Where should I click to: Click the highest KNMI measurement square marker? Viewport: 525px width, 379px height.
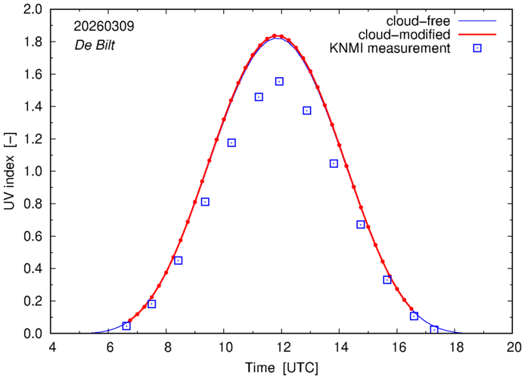pos(279,81)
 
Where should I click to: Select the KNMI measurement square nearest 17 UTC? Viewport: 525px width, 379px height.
pos(433,330)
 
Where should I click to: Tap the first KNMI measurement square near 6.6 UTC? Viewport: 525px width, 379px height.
pos(126,326)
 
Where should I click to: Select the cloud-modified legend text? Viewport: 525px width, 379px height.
pos(409,35)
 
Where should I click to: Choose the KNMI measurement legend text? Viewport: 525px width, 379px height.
pos(392,48)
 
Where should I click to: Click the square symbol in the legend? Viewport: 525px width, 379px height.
pos(477,48)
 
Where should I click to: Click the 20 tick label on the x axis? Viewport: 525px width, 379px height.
pos(514,347)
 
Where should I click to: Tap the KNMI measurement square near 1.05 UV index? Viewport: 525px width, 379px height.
pos(334,163)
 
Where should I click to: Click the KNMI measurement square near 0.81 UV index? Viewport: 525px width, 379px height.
pos(205,202)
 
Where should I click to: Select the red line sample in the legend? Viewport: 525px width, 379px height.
pos(477,35)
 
